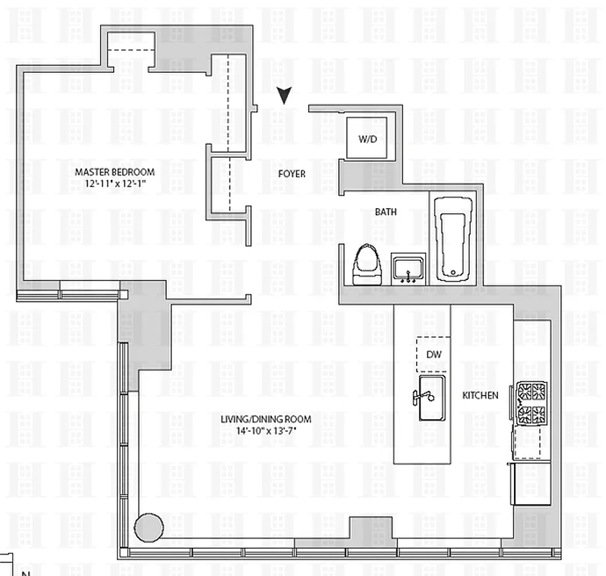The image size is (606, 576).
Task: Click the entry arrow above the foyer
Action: (286, 96)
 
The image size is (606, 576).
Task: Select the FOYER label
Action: (291, 174)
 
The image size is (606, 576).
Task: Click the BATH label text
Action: (385, 212)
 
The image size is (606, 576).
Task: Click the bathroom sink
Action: (409, 269)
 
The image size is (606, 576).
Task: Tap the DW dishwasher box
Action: (434, 354)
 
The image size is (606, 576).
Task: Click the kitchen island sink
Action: (432, 398)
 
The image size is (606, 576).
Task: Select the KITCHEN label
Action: (480, 395)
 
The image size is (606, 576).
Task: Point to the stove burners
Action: (530, 403)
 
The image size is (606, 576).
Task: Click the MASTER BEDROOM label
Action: (115, 172)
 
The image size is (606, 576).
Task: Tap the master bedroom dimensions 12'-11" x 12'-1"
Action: (115, 184)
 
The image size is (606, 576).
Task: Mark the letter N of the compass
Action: (25, 573)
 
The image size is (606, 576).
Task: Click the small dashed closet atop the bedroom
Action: (131, 51)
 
